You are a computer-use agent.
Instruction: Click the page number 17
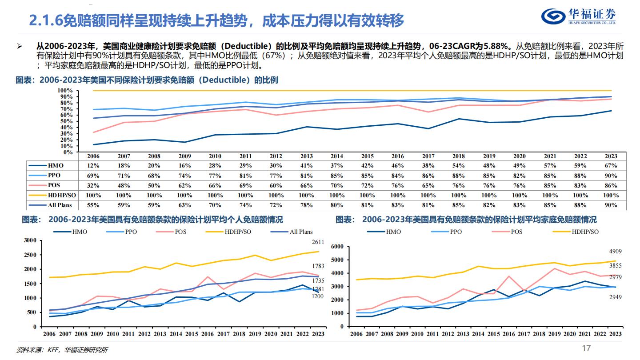pyautogui.click(x=586, y=348)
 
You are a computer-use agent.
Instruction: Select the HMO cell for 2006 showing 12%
pyautogui.click(x=93, y=165)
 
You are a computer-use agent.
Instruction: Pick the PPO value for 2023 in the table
pyautogui.click(x=611, y=176)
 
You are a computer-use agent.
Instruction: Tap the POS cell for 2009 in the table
pyautogui.click(x=184, y=185)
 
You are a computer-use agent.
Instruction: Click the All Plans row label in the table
pyautogui.click(x=60, y=205)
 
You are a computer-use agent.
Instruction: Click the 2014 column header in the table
pyautogui.click(x=336, y=156)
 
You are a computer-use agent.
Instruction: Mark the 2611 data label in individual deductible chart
pyautogui.click(x=318, y=242)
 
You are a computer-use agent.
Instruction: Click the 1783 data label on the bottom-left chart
pyautogui.click(x=318, y=266)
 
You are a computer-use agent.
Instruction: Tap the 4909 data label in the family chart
pyautogui.click(x=615, y=252)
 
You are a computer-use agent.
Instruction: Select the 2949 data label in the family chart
pyautogui.click(x=615, y=296)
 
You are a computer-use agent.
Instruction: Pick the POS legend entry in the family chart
pyautogui.click(x=516, y=232)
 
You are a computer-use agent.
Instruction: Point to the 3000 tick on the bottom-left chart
pyautogui.click(x=30, y=240)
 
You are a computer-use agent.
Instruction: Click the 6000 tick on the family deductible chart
pyautogui.click(x=338, y=247)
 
